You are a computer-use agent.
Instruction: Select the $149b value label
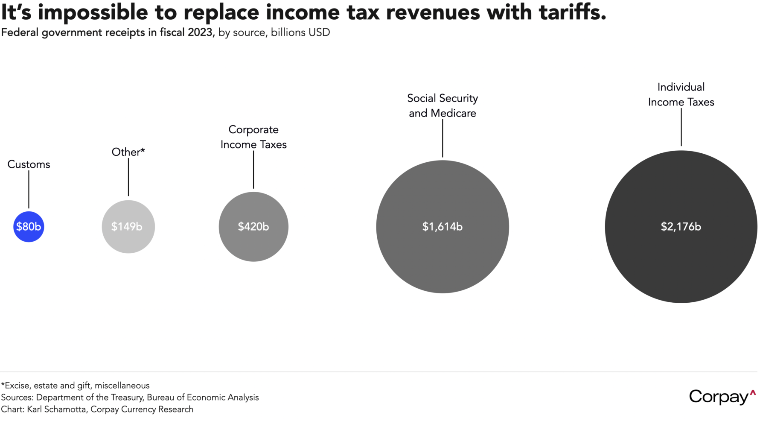click(127, 227)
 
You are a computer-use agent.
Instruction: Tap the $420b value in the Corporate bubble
click(253, 227)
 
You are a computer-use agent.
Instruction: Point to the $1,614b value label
click(443, 227)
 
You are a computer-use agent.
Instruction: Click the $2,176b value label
click(681, 227)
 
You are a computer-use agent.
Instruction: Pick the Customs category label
click(29, 164)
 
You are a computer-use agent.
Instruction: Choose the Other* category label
click(128, 152)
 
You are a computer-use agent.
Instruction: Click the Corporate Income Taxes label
click(253, 137)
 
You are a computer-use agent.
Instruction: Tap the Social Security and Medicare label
click(443, 105)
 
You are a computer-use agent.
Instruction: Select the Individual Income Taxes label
click(681, 94)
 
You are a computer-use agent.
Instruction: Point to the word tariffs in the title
click(572, 12)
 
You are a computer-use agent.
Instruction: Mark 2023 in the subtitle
click(200, 32)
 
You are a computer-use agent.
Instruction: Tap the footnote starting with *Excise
click(75, 386)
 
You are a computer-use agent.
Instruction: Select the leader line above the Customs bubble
click(29, 189)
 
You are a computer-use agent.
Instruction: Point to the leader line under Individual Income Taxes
click(681, 127)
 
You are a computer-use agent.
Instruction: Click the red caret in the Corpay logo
click(753, 392)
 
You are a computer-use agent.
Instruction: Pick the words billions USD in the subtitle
click(300, 32)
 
